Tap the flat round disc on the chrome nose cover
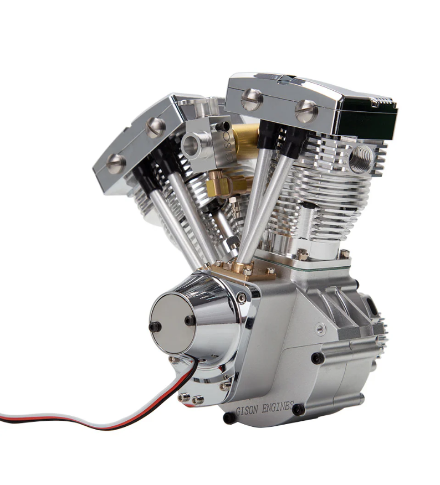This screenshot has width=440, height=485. [172, 322]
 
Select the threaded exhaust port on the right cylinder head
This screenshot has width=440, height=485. [360, 157]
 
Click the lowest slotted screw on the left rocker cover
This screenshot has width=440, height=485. [115, 164]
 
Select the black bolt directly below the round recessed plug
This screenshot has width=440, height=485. [318, 358]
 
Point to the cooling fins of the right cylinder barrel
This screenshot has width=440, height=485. [310, 188]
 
